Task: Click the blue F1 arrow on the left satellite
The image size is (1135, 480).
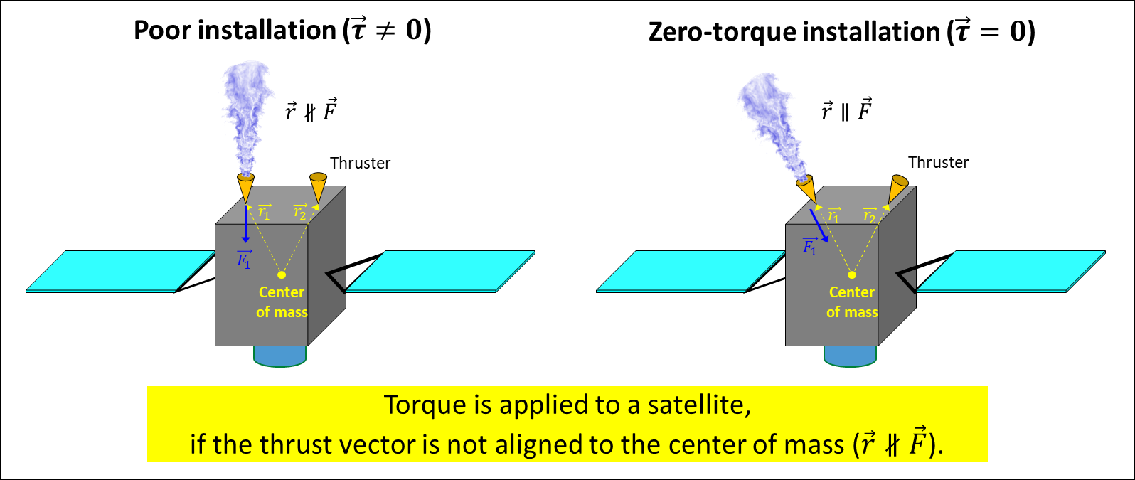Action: [245, 224]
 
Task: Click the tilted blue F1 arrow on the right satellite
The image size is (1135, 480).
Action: [819, 225]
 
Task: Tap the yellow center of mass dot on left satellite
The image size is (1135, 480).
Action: [282, 274]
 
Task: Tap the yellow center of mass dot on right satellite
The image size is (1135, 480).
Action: [852, 274]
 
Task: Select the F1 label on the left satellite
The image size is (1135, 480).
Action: [244, 260]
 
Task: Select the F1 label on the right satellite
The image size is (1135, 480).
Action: [810, 246]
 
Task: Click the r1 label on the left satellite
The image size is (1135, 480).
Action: [264, 212]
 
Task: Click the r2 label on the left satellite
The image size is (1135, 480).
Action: [300, 212]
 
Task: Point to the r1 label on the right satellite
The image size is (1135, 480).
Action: [834, 215]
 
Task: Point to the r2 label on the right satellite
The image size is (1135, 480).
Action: [869, 215]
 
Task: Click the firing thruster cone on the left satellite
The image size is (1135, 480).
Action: [245, 188]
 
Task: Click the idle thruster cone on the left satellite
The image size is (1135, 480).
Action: [318, 186]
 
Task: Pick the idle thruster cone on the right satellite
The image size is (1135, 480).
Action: [897, 188]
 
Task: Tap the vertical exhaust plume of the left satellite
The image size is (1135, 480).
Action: [246, 114]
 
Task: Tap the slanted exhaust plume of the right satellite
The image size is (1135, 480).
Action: [772, 121]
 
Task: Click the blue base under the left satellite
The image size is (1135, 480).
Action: [279, 356]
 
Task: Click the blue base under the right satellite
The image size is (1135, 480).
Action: [850, 356]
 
